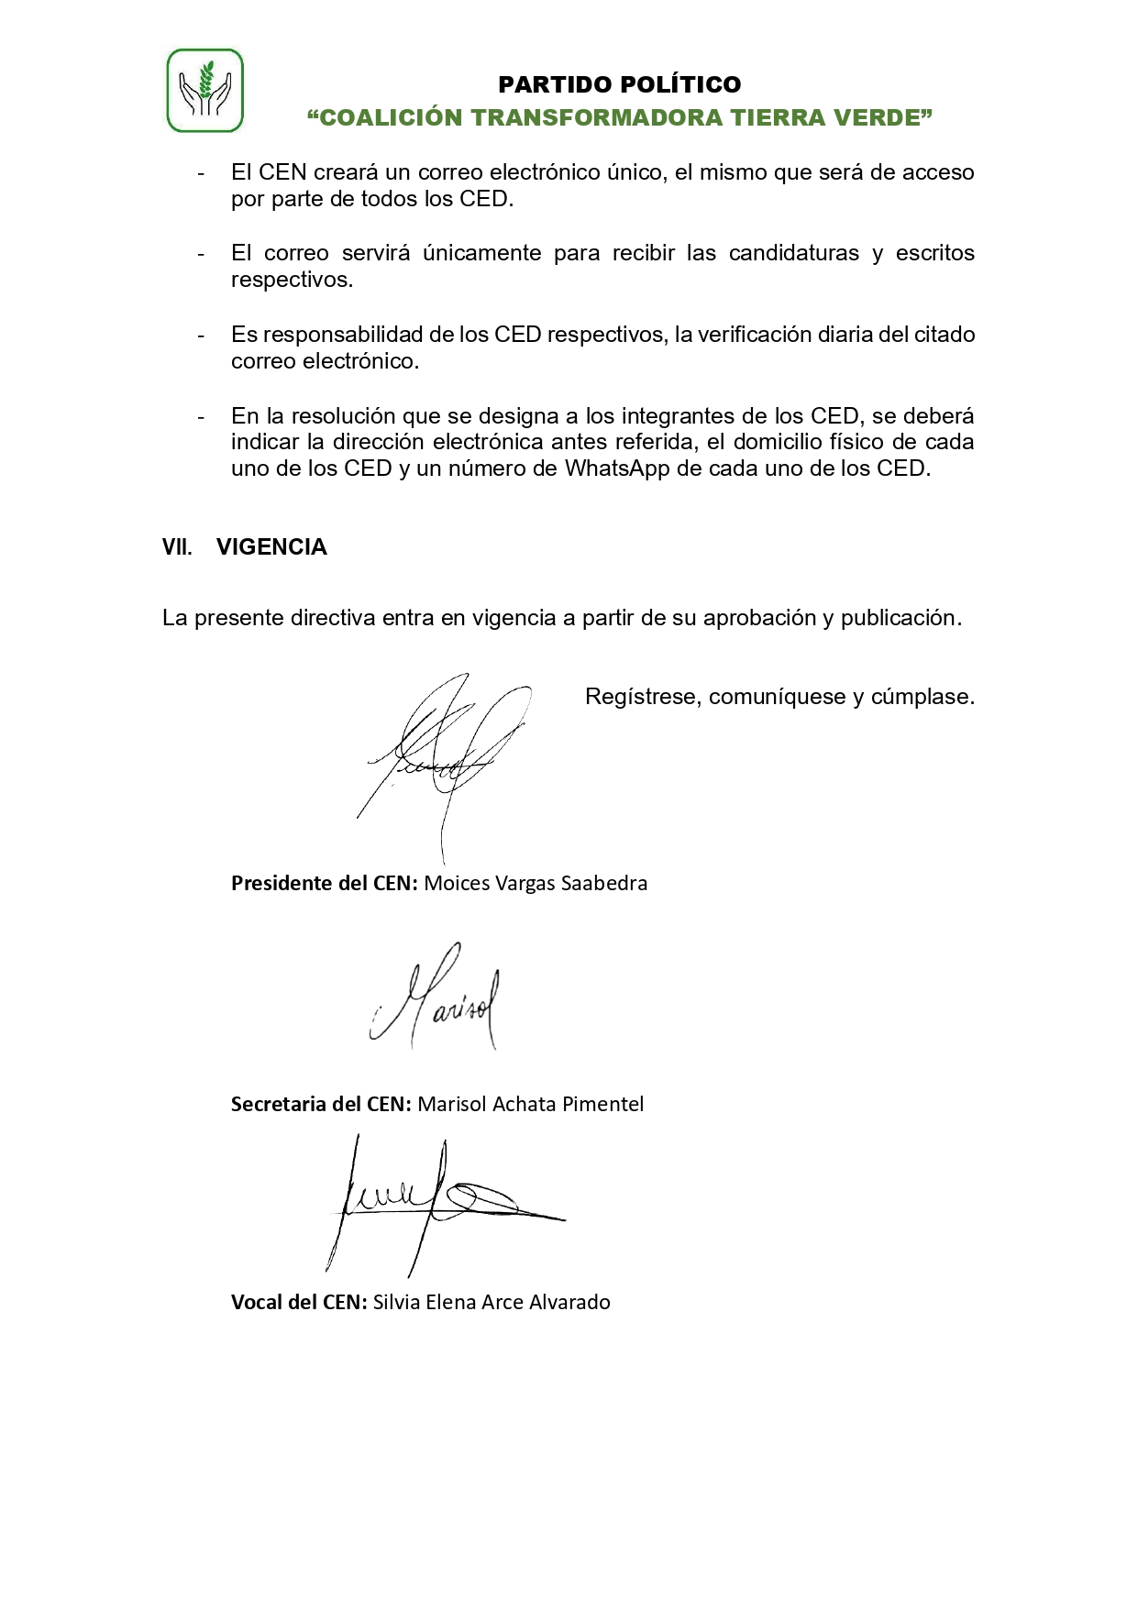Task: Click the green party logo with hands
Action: point(204,91)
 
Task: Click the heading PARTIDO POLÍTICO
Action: point(619,84)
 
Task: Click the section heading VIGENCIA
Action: point(271,547)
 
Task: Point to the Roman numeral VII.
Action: point(177,547)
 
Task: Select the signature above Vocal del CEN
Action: point(440,1201)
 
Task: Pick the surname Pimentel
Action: point(602,1104)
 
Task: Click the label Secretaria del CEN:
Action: point(321,1104)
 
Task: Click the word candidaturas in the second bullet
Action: point(794,253)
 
